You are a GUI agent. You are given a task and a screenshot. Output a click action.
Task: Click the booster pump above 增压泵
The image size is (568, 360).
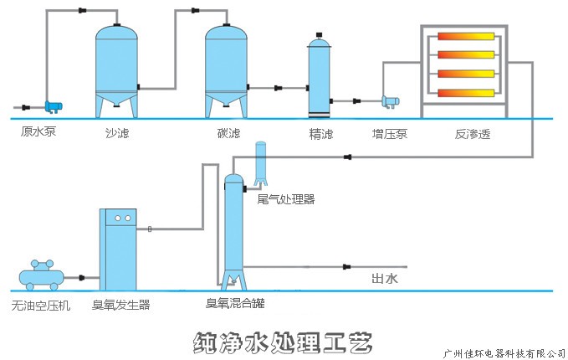pyautogui.click(x=391, y=101)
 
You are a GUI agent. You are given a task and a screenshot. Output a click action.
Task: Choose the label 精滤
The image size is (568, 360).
pyautogui.click(x=320, y=133)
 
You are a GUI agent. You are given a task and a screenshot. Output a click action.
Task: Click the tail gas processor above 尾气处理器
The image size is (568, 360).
pyautogui.click(x=260, y=162)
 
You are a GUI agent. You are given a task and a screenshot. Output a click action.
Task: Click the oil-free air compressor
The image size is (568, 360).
pyautogui.click(x=42, y=275)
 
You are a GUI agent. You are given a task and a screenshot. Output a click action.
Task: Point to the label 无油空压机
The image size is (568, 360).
pyautogui.click(x=41, y=306)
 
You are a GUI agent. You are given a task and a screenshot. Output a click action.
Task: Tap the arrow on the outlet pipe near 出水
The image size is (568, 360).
pyautogui.click(x=346, y=267)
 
